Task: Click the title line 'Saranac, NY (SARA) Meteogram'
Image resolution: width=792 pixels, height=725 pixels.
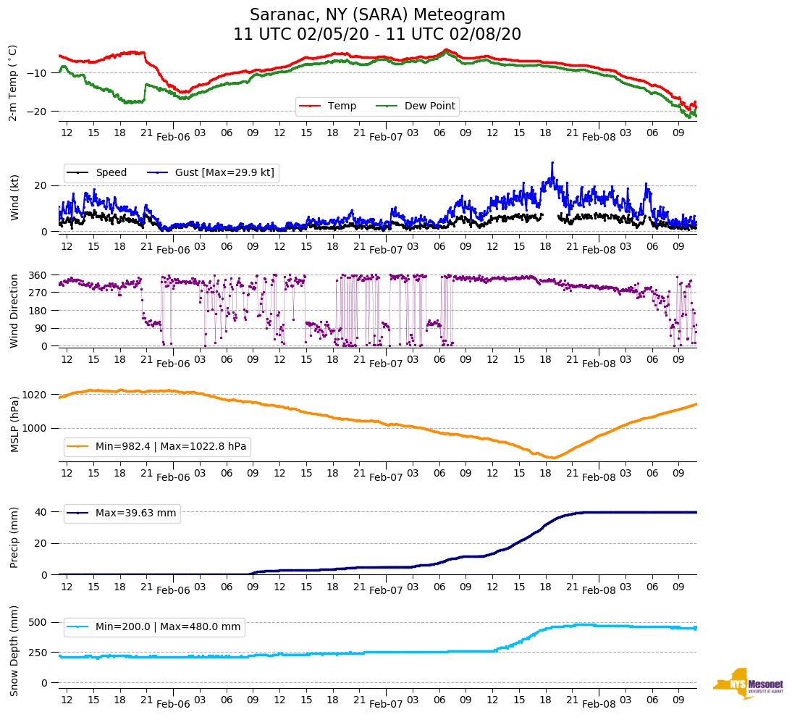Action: [377, 15]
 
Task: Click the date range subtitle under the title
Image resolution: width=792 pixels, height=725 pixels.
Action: [377, 35]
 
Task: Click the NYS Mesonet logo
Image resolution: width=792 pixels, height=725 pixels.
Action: [749, 683]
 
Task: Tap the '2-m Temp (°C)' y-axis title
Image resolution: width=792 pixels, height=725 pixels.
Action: [13, 83]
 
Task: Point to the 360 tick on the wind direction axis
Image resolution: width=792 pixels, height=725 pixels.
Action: [38, 275]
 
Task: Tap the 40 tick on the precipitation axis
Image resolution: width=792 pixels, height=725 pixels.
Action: [42, 512]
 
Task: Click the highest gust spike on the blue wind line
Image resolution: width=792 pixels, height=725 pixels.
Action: [552, 162]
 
